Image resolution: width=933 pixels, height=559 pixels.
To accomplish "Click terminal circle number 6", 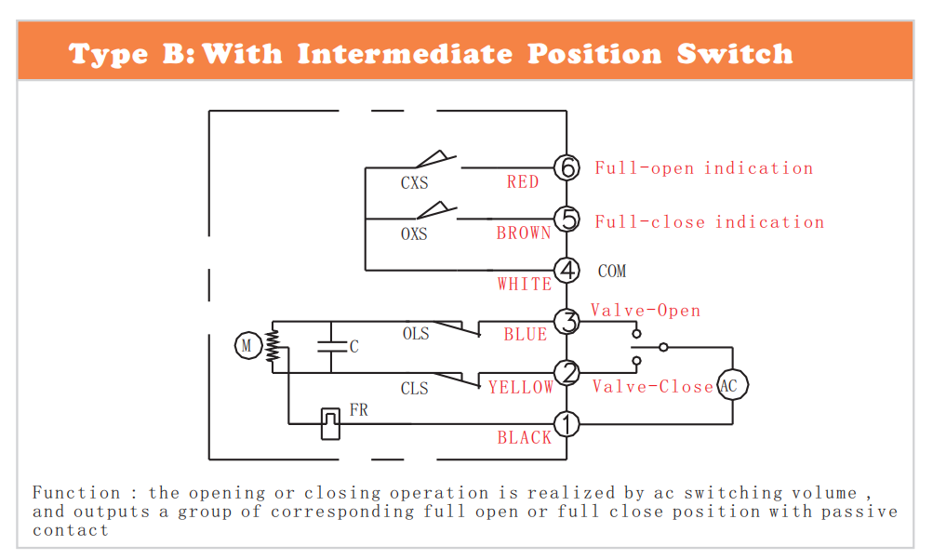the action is pos(566,167).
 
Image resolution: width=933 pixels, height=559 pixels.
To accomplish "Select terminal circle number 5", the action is pos(566,219).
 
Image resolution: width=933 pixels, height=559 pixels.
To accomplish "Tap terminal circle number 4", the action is pos(566,271).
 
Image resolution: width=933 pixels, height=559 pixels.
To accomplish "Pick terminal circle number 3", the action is pos(566,322).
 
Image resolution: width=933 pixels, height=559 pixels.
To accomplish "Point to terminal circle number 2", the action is pos(566,373).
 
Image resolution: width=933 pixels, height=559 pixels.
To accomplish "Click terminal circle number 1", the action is pos(566,424).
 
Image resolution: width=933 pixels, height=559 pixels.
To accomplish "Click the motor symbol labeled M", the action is pos(247,345).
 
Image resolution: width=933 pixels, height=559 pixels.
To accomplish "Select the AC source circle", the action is pos(732,385).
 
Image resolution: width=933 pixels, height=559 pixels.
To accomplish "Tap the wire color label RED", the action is pos(523,182).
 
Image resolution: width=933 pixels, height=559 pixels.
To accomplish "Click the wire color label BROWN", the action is pos(524,233).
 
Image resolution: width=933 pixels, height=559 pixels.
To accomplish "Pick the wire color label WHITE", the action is pos(525,285).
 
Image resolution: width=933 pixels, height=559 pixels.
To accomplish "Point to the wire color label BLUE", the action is pos(525,335).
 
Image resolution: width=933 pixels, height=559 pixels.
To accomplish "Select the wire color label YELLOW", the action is pos(521,388).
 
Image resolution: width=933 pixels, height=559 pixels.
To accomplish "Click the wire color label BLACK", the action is pos(525,438).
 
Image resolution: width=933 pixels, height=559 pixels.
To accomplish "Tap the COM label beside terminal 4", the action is pos(612,272).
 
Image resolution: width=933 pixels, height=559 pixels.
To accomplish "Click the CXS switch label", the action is pos(414,182).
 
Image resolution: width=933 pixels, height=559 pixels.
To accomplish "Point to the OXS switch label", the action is pos(414,233).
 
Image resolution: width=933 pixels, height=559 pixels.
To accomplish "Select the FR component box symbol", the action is pos(330,424).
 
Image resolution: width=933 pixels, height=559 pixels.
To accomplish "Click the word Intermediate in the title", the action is pos(405,54).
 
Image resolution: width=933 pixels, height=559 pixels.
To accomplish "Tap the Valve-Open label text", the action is pos(646,311).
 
